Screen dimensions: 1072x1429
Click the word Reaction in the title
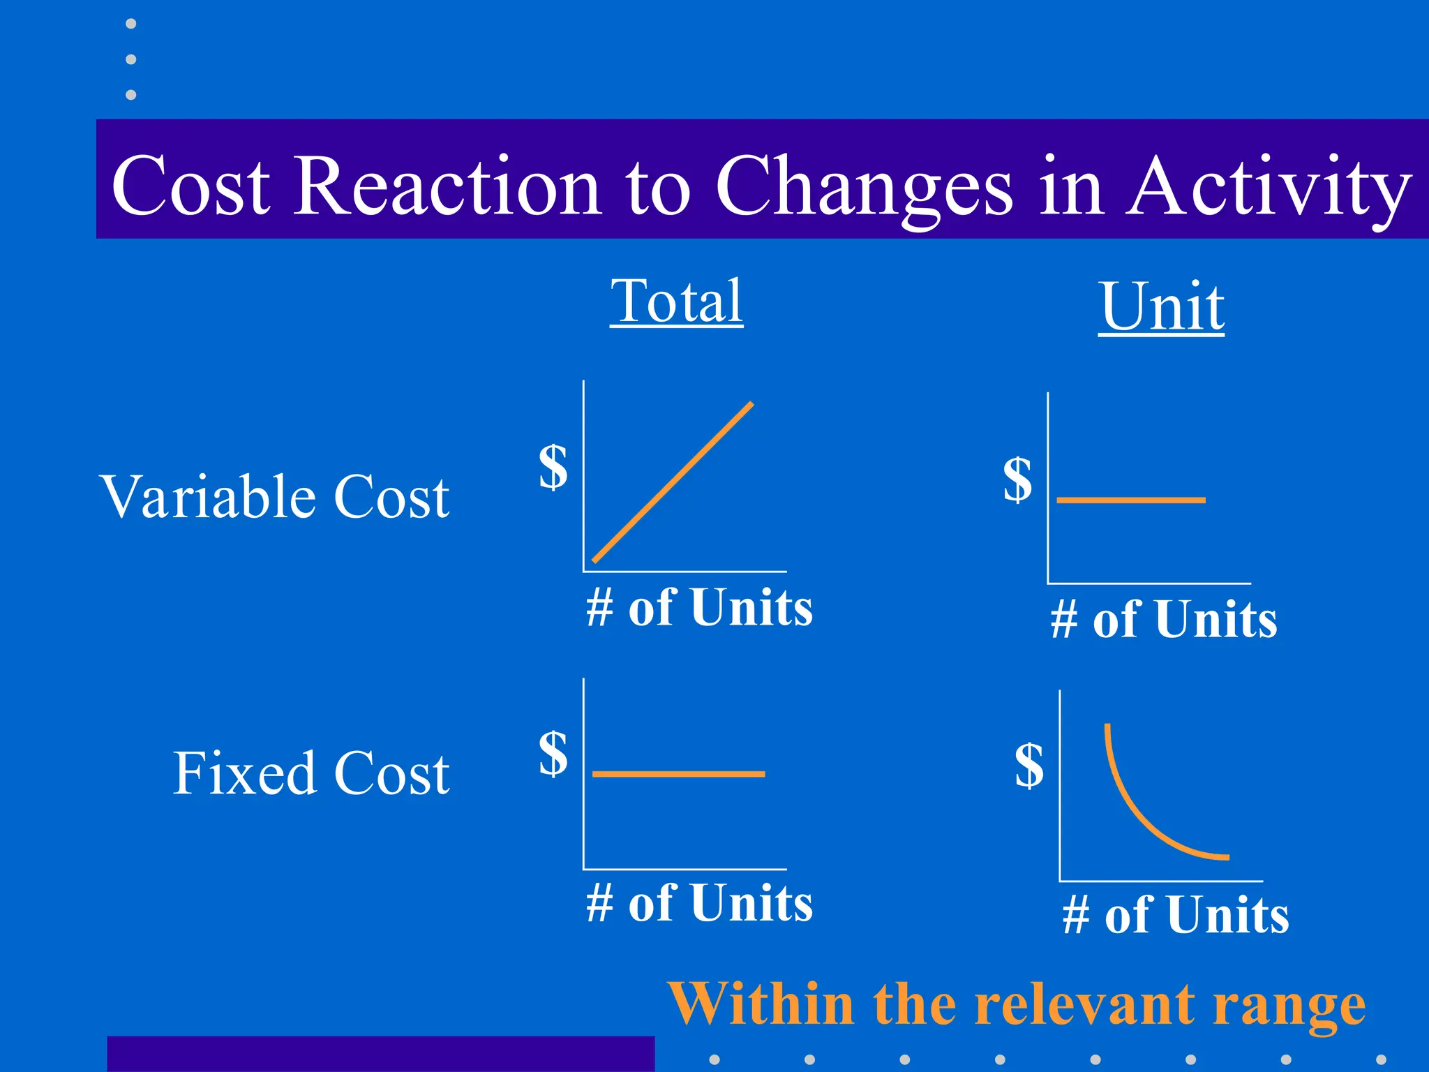[x=447, y=186]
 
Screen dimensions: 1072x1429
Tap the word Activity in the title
[x=1270, y=186]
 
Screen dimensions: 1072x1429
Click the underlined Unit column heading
[x=1161, y=307]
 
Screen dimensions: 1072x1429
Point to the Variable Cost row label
[x=275, y=497]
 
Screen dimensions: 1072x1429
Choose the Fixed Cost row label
[x=311, y=773]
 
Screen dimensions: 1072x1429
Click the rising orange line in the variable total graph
[x=673, y=482]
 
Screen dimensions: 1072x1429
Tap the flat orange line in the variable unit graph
[x=1131, y=500]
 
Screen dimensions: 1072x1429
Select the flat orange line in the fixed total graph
[x=678, y=774]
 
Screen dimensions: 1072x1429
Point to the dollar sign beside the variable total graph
[x=553, y=467]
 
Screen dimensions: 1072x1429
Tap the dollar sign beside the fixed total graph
[x=553, y=753]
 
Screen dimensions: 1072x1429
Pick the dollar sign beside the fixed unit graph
[x=1029, y=765]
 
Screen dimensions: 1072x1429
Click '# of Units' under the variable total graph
[x=699, y=607]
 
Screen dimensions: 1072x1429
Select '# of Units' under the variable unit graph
[x=1164, y=620]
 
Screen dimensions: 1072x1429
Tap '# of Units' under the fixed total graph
[x=699, y=903]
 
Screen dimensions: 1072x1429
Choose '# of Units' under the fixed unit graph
[x=1176, y=915]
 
